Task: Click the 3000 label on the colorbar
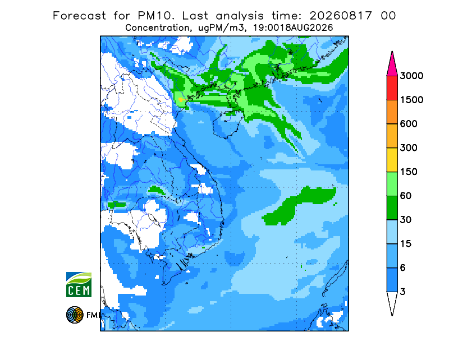(x=411, y=76)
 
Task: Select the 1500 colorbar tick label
(x=411, y=100)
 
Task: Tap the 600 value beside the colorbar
(x=409, y=124)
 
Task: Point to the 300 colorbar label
(x=409, y=148)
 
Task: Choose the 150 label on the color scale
(x=409, y=172)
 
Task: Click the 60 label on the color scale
(x=406, y=196)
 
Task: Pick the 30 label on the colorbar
(x=406, y=220)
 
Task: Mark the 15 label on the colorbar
(x=406, y=244)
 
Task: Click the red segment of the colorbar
(x=392, y=88)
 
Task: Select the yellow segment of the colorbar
(x=392, y=160)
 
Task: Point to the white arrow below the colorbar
(x=392, y=303)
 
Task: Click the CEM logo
(x=79, y=284)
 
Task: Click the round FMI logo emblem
(x=75, y=315)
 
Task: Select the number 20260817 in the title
(x=341, y=16)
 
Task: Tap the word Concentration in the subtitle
(x=157, y=28)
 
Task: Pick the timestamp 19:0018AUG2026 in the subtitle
(x=293, y=28)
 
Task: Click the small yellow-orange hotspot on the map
(x=181, y=100)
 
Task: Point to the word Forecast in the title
(x=79, y=16)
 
